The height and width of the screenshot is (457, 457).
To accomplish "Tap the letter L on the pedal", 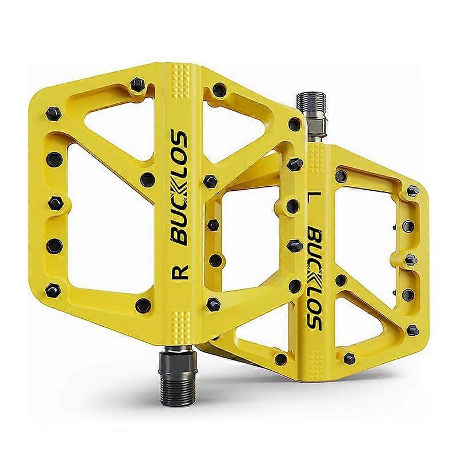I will pos(312,199).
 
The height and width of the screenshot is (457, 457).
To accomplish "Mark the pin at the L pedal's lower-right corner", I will pos(412,330).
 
